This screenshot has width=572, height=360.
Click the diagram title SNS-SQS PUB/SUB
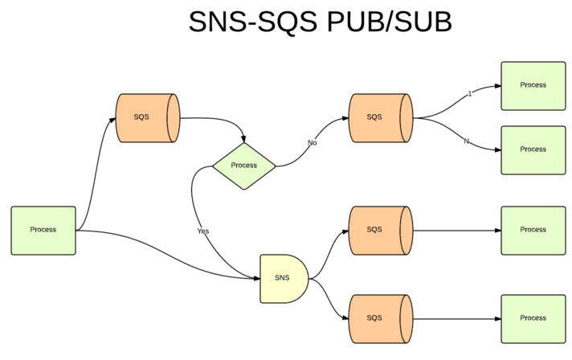coord(320,22)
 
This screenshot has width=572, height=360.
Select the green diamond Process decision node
coord(243,166)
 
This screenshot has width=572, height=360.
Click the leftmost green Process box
coord(43,230)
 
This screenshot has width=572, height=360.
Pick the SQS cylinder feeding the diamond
coord(147,117)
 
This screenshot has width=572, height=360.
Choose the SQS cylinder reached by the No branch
coord(379,117)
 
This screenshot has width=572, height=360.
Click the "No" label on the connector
coord(313,143)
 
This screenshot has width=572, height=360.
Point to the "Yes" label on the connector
coord(203,231)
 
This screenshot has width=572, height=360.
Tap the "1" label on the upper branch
coord(469,94)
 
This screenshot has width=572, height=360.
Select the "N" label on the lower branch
coord(466,141)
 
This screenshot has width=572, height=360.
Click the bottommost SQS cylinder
coord(379,318)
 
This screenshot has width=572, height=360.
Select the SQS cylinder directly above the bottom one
coord(379,230)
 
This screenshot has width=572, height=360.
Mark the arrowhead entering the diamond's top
coord(243,139)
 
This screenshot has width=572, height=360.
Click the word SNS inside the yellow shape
coord(282,278)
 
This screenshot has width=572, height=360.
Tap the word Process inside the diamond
coord(243,166)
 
